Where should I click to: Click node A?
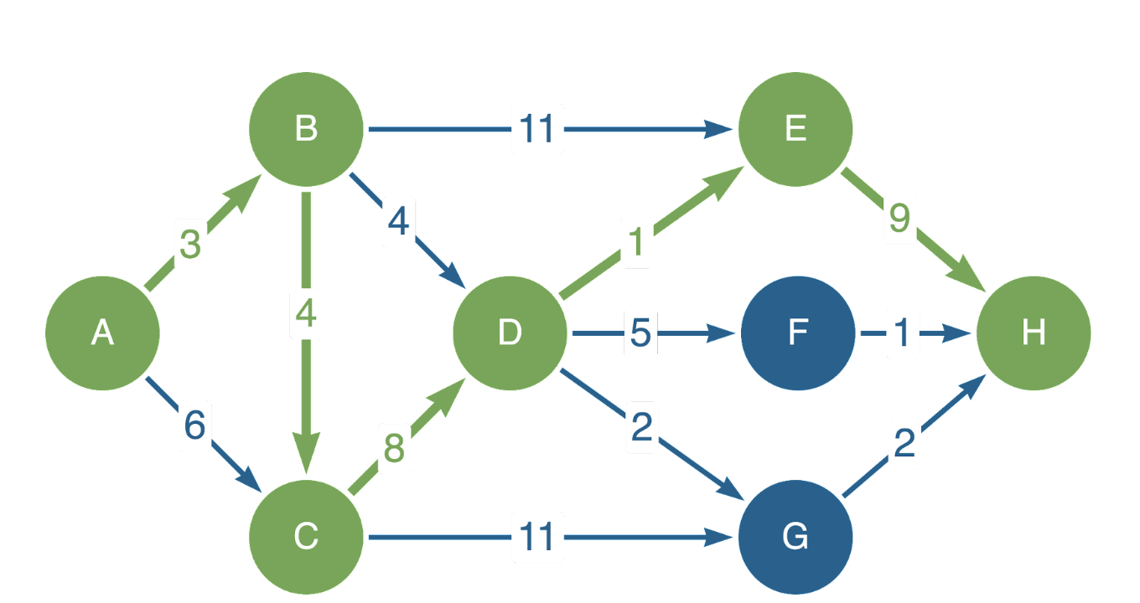102,333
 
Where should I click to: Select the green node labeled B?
306,130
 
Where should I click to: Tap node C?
306,536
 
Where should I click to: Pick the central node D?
510,333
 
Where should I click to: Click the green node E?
795,130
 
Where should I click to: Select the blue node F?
797,333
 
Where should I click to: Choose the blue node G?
795,536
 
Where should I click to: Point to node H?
1034,333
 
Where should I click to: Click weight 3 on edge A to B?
190,245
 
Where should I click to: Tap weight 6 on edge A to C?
194,425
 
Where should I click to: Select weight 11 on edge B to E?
537,130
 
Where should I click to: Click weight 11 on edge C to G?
537,537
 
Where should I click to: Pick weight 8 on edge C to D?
394,449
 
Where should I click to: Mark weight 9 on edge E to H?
899,219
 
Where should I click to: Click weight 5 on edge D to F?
640,334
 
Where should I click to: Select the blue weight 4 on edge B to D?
398,223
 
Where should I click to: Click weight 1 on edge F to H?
901,334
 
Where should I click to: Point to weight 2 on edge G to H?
904,444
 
